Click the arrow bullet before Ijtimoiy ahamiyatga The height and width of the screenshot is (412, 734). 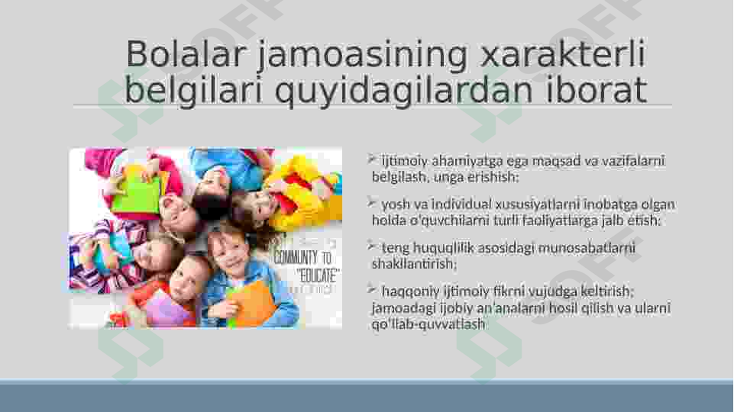coord(370,159)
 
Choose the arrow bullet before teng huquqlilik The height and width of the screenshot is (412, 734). coord(370,246)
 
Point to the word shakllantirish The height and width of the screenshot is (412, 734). coord(413,264)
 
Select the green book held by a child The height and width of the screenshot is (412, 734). coord(136,194)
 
